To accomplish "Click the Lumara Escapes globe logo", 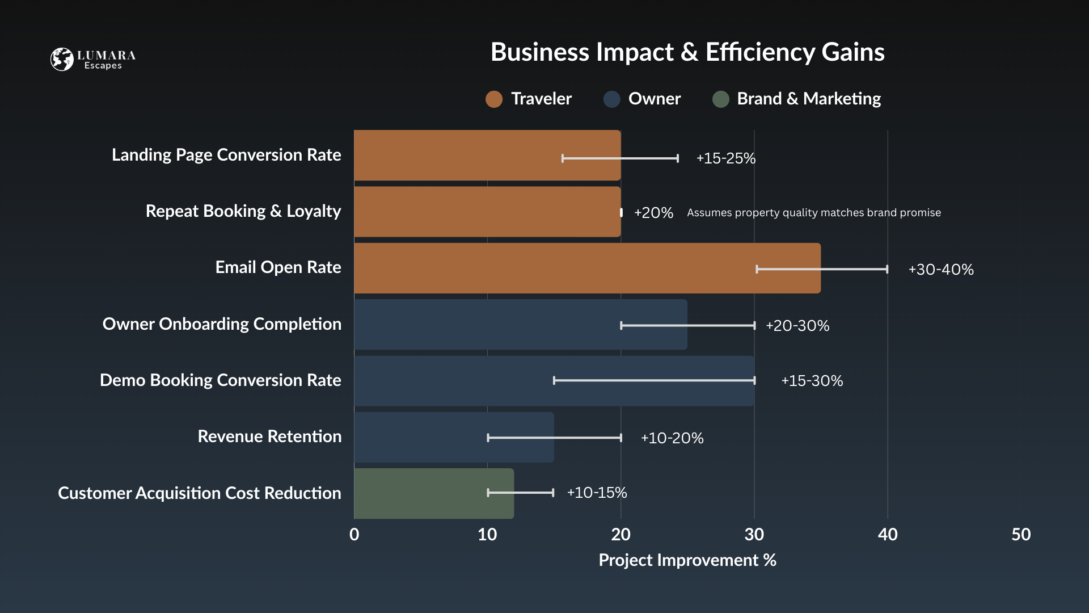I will [62, 59].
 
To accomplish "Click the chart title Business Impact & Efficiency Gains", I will [687, 52].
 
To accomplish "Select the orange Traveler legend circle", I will [494, 99].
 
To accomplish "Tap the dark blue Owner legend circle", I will [611, 99].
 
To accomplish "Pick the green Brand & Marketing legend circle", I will [720, 99].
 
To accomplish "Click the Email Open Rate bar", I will [587, 268].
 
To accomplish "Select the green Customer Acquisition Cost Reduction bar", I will [434, 493].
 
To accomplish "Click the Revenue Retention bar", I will [454, 437].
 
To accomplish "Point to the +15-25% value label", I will [725, 158].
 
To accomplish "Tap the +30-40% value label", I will [940, 270].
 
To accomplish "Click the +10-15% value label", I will [597, 493].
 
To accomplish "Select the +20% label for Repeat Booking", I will [653, 213].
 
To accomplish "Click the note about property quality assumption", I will [813, 213].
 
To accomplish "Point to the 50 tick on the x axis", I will [1021, 534].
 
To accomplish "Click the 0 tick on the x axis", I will [354, 534].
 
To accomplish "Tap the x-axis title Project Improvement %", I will [687, 560].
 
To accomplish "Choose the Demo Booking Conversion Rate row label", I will [220, 380].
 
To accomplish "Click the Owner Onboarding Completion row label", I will [222, 324].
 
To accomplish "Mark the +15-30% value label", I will [812, 381].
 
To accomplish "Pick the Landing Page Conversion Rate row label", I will [226, 155].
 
